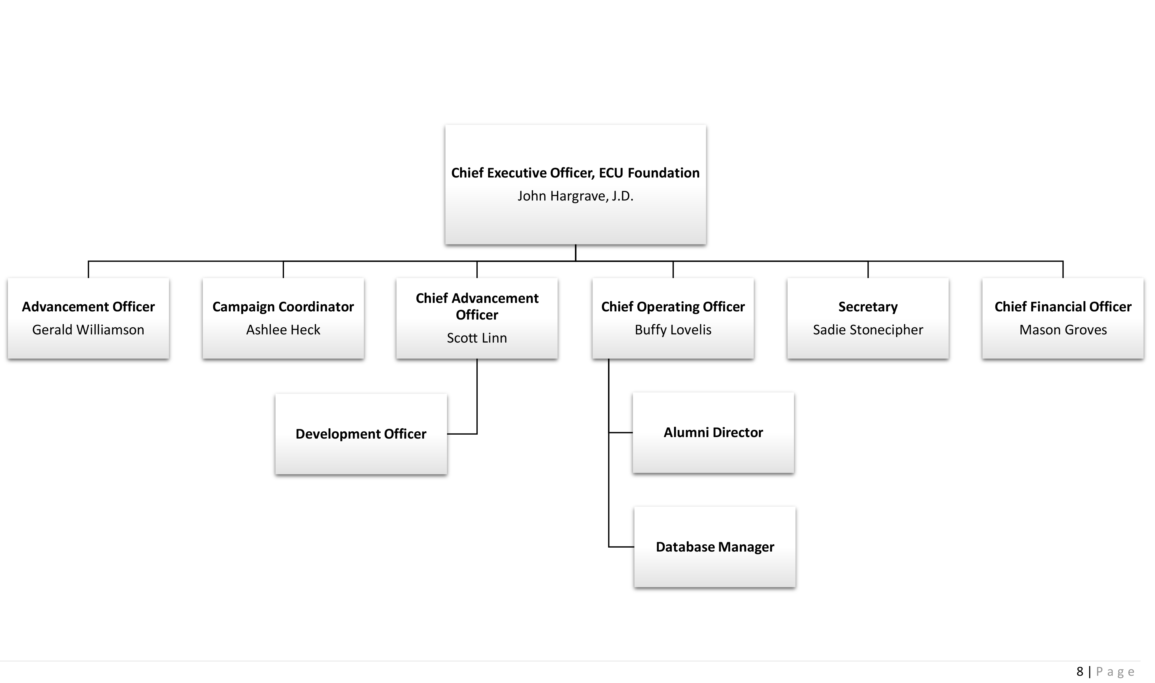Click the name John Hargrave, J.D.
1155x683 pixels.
click(575, 196)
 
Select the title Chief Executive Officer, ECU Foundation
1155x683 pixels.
click(575, 173)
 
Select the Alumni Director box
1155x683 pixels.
click(713, 432)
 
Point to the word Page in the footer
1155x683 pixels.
click(1115, 671)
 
